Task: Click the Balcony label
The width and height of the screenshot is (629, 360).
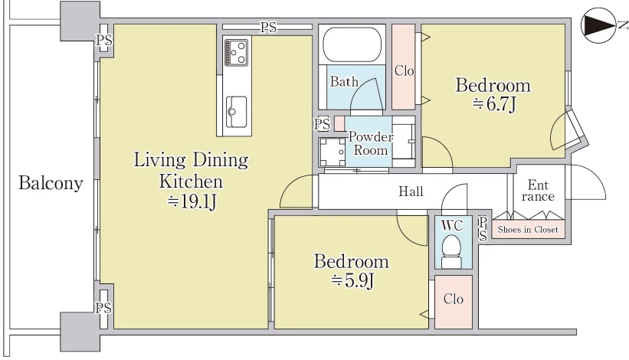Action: click(x=51, y=183)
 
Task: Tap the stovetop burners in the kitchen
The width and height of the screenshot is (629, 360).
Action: click(x=237, y=52)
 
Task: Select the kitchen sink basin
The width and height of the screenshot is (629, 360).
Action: click(x=236, y=112)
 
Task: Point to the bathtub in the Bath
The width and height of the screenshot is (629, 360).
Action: click(x=352, y=44)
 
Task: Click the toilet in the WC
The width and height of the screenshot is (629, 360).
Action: click(x=451, y=251)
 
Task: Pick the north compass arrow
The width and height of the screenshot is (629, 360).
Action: click(x=598, y=25)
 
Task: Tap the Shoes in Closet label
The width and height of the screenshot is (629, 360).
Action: click(x=528, y=230)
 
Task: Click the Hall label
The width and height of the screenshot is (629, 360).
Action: click(x=411, y=191)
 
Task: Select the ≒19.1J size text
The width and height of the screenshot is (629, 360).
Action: click(x=192, y=201)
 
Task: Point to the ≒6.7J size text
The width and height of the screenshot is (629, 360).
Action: click(x=494, y=104)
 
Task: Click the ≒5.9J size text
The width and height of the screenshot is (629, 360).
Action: click(x=352, y=280)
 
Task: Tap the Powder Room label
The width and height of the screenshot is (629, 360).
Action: click(x=371, y=143)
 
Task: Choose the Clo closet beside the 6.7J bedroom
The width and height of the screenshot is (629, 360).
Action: click(x=404, y=67)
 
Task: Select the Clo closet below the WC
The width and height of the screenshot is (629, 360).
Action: click(x=454, y=302)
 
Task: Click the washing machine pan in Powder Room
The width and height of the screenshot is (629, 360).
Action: click(x=333, y=152)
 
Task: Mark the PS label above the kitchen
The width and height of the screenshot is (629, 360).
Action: click(x=268, y=28)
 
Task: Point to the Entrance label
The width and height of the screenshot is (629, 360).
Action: click(x=538, y=191)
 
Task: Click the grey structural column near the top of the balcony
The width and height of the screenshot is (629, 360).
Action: click(x=80, y=21)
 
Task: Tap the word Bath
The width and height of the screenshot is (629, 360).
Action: click(x=344, y=82)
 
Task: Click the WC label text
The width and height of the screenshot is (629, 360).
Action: click(x=452, y=225)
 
